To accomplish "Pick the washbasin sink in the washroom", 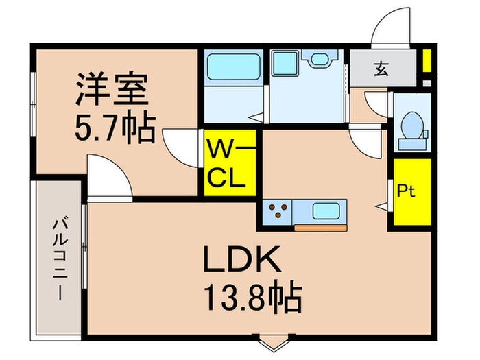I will [x=319, y=60].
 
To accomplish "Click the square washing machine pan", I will [x=282, y=63].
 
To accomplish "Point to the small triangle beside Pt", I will [x=379, y=204].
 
